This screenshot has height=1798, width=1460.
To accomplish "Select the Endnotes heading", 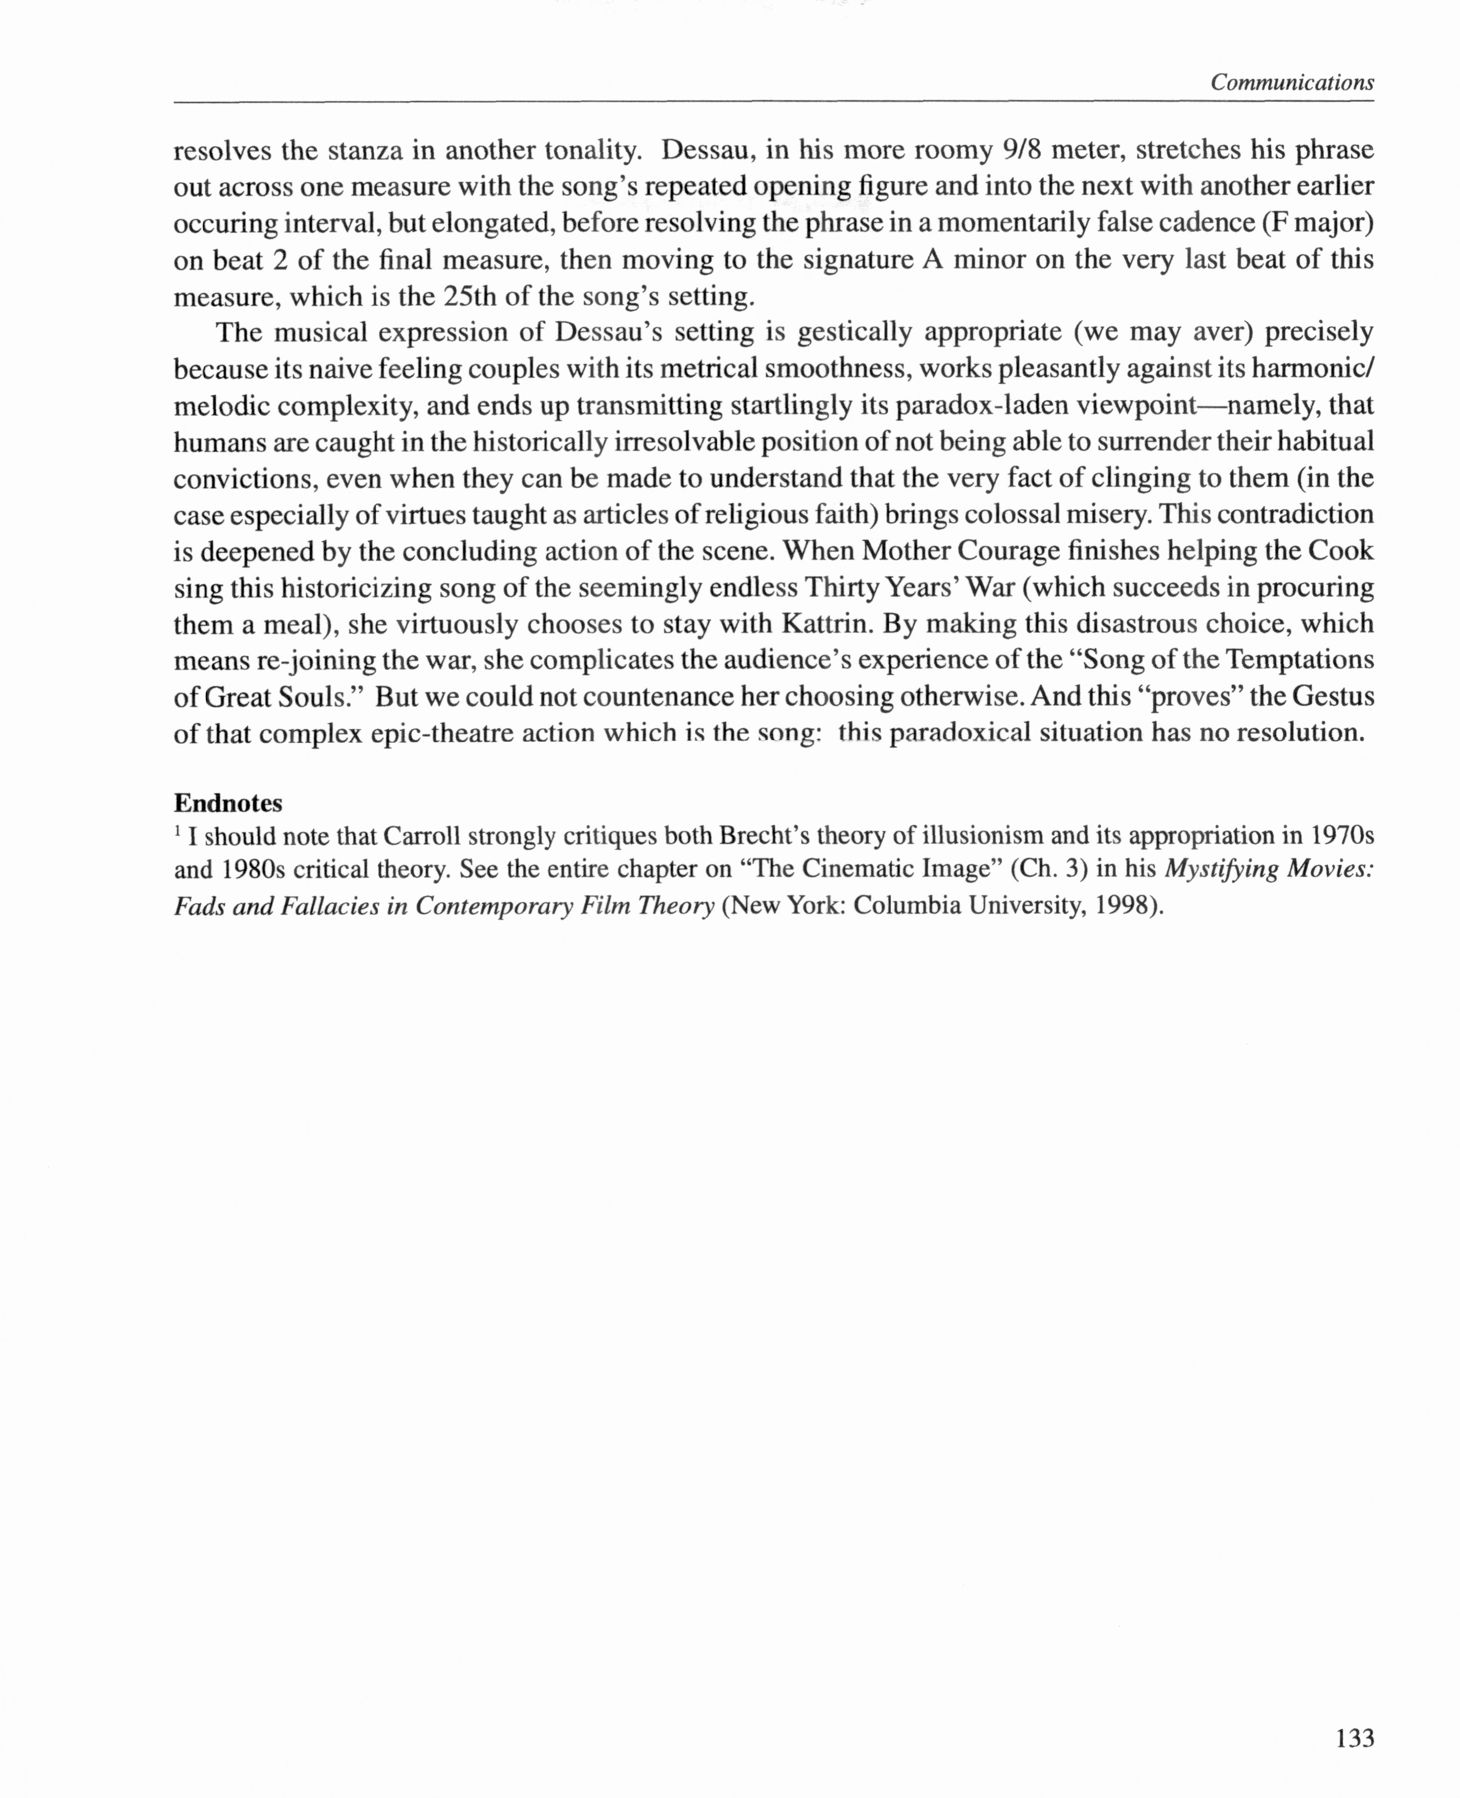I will [228, 803].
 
